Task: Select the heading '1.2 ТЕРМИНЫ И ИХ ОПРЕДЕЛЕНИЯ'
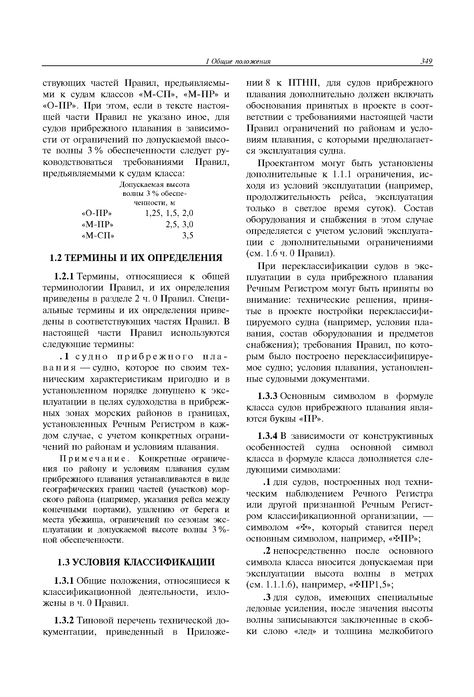135,258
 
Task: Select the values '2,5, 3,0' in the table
179,224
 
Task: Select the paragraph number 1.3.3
268,396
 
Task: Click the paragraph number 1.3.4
268,436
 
